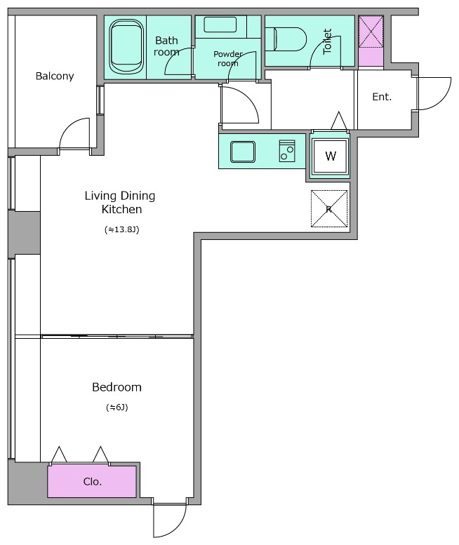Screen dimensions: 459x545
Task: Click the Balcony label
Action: click(x=55, y=76)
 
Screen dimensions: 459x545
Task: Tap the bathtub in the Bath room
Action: click(x=126, y=46)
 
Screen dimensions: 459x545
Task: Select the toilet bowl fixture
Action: click(x=286, y=39)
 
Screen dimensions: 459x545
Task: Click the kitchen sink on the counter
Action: click(x=242, y=152)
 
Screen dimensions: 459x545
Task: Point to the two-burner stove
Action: click(x=287, y=151)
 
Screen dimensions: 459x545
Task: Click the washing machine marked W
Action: click(x=330, y=156)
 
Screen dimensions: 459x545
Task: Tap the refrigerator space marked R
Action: click(x=329, y=208)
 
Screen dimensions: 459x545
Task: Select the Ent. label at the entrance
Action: click(x=382, y=97)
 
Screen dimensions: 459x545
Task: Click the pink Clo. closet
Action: click(x=92, y=481)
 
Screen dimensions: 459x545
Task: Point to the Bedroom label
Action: click(x=117, y=387)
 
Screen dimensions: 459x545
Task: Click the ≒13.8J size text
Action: click(x=122, y=229)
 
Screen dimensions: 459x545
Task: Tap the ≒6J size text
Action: click(x=117, y=408)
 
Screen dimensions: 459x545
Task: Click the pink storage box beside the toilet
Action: click(x=371, y=41)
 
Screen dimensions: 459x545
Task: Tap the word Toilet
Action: click(x=327, y=41)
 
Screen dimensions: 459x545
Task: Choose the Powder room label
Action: click(x=228, y=59)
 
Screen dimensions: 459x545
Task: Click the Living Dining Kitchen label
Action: click(x=120, y=202)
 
